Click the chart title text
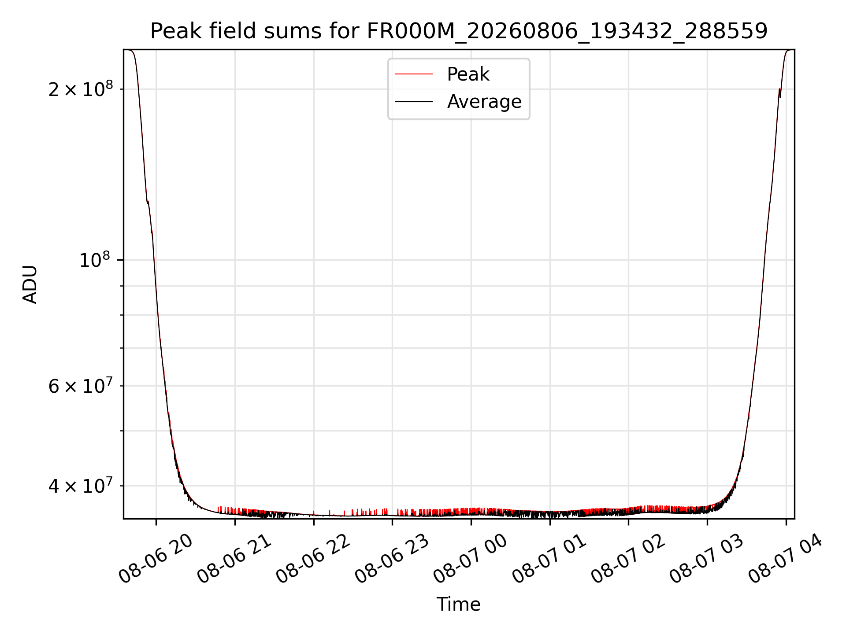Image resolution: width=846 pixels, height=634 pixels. [459, 31]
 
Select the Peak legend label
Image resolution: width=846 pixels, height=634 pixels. [468, 74]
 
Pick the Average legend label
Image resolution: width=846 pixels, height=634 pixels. [484, 102]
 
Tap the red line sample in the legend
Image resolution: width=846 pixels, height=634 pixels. [414, 74]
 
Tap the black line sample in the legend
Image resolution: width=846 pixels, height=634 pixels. [414, 102]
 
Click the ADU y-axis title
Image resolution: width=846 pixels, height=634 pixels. [30, 284]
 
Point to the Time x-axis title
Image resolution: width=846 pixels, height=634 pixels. [458, 604]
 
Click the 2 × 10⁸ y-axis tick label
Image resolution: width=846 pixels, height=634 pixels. [81, 89]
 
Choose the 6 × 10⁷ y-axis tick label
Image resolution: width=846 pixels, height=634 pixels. [81, 386]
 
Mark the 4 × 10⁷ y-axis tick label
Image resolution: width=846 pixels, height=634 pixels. [81, 486]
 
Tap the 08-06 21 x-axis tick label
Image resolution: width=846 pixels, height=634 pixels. [234, 559]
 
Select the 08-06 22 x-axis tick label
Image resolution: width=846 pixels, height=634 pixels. [313, 559]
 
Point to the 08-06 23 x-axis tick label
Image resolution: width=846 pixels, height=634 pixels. [392, 559]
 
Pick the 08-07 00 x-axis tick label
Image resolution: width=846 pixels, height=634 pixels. [471, 559]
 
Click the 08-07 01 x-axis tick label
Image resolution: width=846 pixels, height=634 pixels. [549, 559]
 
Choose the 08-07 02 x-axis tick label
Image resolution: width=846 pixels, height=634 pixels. [628, 559]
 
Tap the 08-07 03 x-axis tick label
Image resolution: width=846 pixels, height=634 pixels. [707, 559]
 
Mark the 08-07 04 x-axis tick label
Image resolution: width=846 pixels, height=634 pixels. [786, 559]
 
